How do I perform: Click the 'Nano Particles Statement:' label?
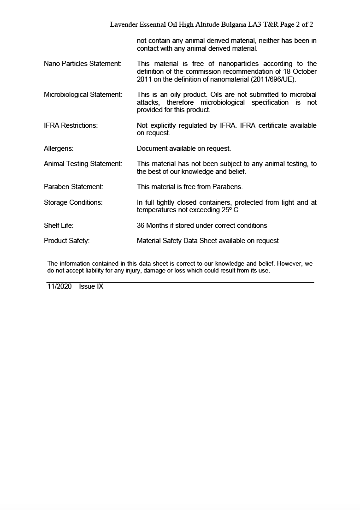(83, 64)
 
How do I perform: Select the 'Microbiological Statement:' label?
(83, 95)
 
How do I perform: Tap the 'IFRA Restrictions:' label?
(71, 125)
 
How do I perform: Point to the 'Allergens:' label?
(59, 148)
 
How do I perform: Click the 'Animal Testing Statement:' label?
(83, 164)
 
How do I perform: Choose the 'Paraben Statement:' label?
(73, 187)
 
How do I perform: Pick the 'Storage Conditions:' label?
(73, 202)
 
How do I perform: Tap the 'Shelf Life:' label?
(59, 225)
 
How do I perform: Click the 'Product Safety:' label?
(66, 241)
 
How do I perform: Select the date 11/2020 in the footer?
(59, 286)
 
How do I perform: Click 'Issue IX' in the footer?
(91, 286)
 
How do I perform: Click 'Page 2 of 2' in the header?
(293, 24)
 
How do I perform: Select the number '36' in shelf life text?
(141, 225)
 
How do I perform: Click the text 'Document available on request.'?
(184, 148)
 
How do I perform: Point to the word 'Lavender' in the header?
(125, 24)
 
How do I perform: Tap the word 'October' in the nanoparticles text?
(304, 71)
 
